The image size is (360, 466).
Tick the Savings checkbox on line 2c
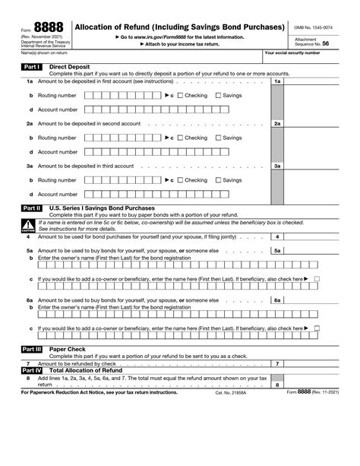(x=219, y=138)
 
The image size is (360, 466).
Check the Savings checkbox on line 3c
(x=219, y=180)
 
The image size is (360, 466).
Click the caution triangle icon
(x=27, y=225)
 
